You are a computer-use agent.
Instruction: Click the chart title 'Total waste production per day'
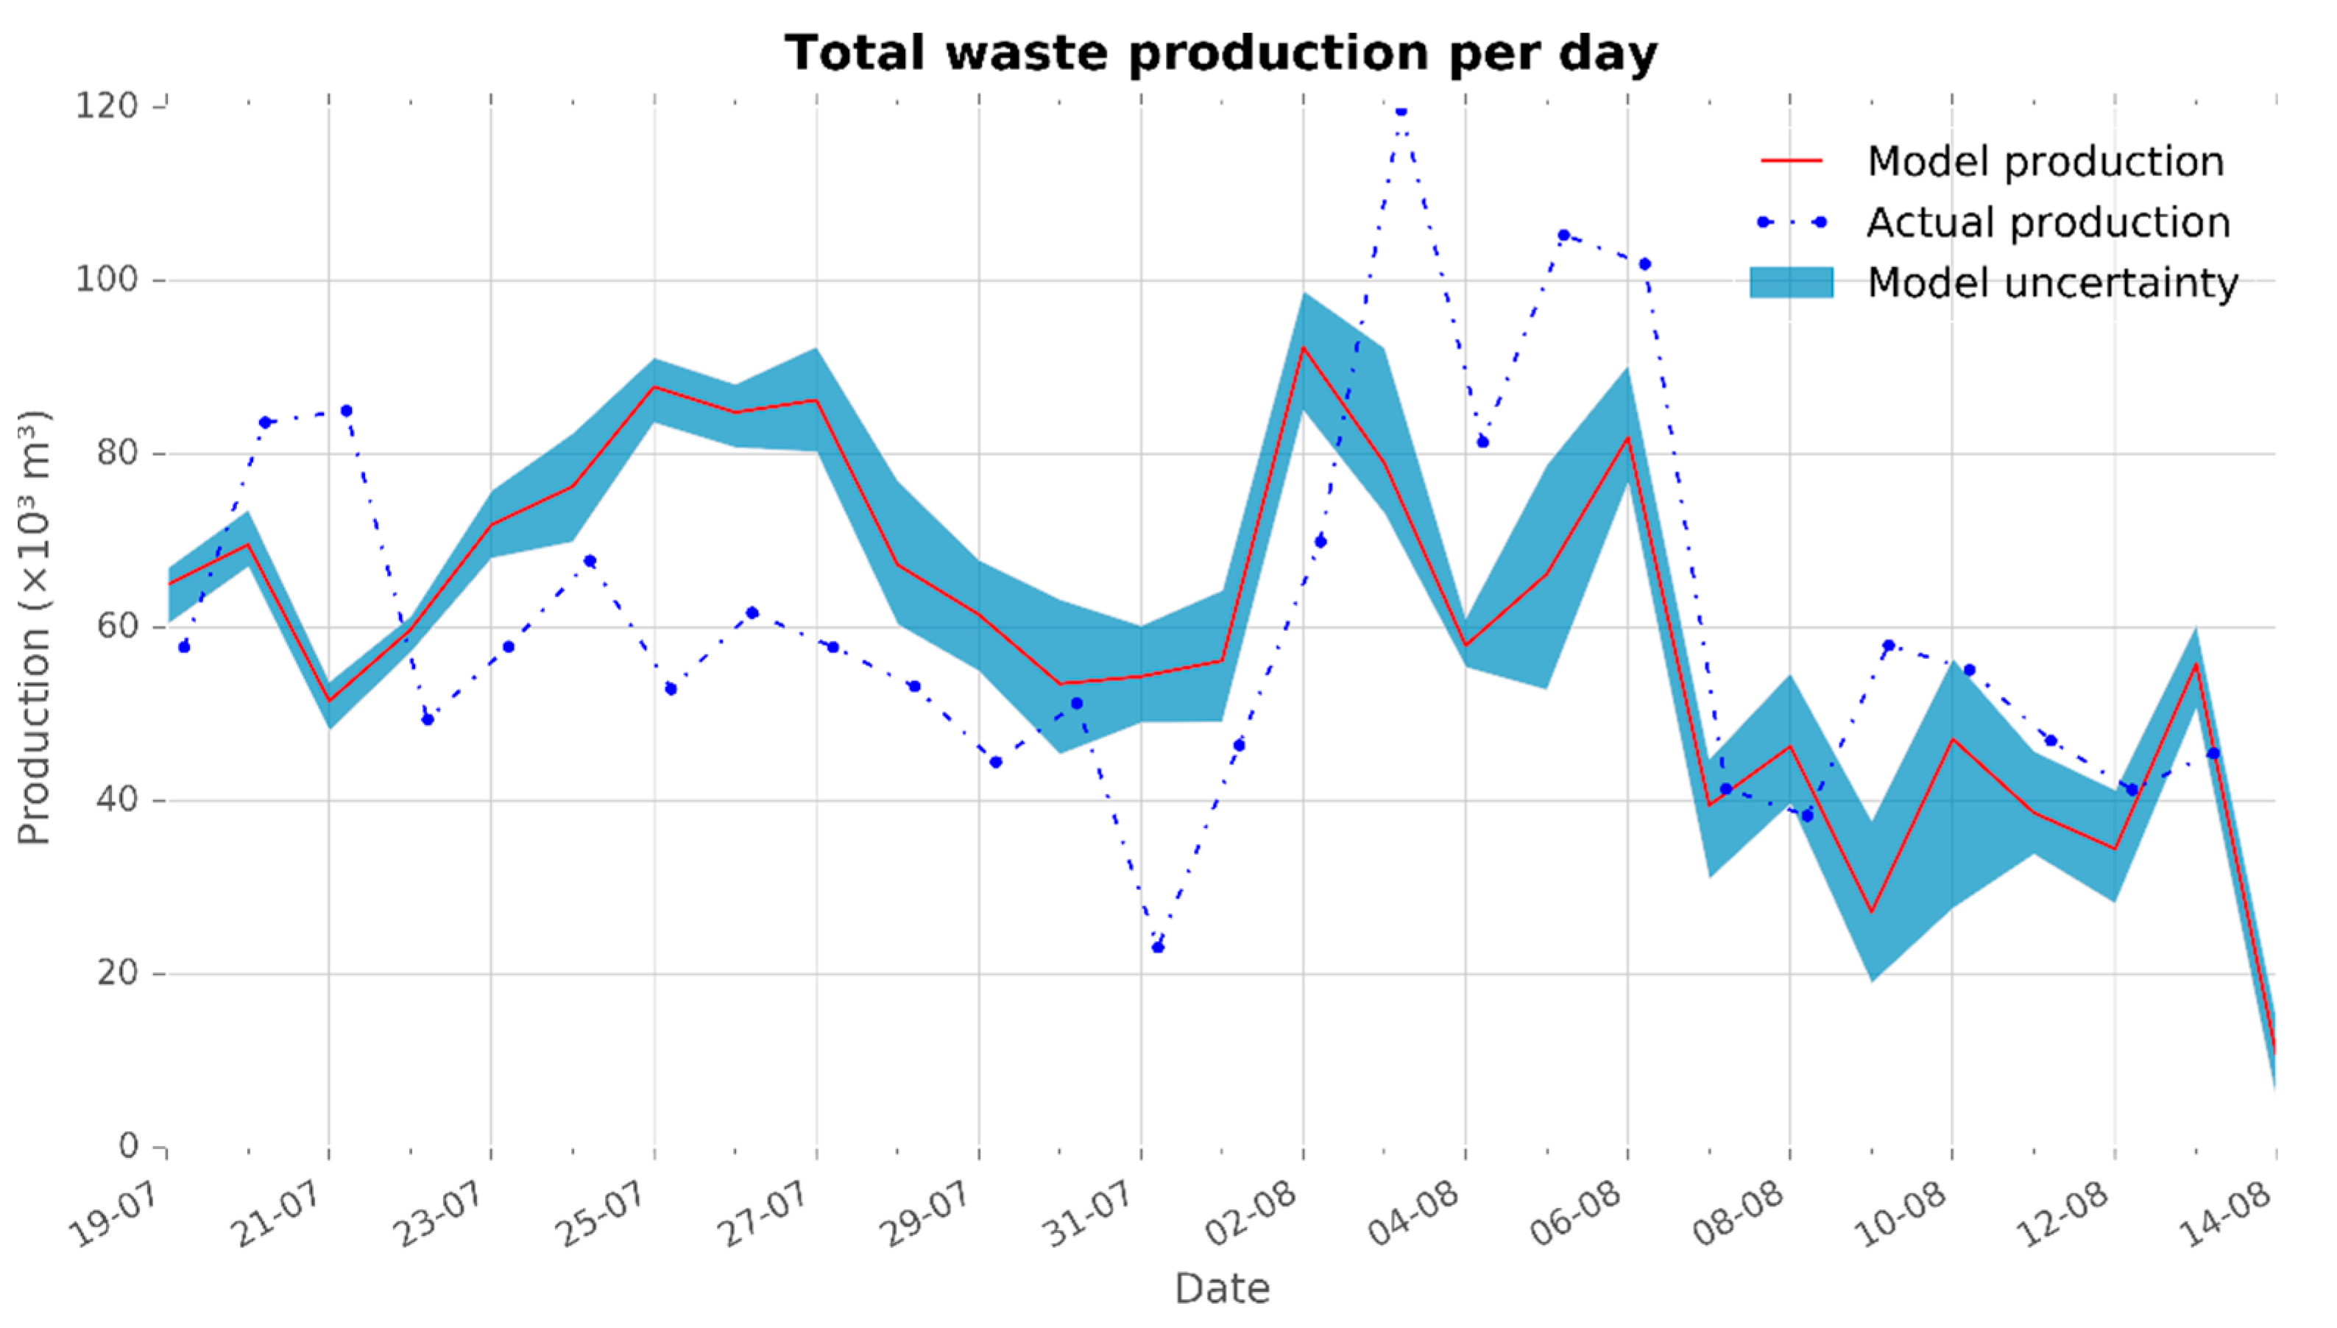point(1220,53)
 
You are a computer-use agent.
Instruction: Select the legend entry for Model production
point(2044,161)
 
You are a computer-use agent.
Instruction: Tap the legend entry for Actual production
point(2048,222)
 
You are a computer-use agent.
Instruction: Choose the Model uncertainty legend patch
point(1791,283)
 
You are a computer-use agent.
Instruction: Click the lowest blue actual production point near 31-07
point(1158,947)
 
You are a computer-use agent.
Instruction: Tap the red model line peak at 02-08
point(1303,347)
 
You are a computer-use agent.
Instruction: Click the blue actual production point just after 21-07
point(347,412)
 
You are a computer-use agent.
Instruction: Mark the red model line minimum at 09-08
point(1871,911)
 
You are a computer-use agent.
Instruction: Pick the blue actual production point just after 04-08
point(1482,442)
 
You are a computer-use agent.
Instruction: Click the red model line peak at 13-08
point(2196,663)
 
